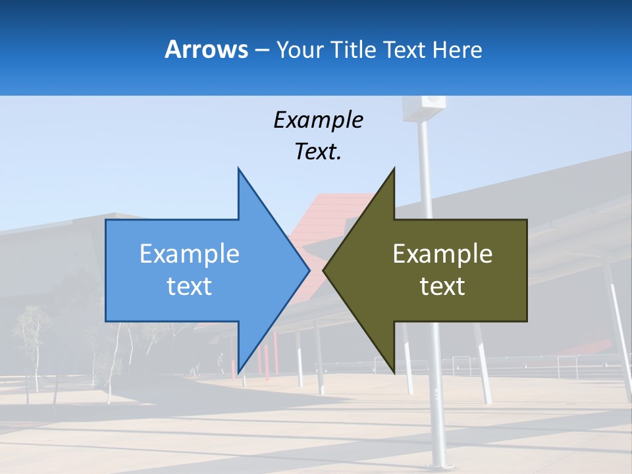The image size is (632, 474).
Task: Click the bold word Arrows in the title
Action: coord(206,49)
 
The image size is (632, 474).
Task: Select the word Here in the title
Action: coord(457,49)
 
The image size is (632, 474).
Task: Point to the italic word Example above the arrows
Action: coord(318,120)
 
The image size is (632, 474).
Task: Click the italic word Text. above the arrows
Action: coord(318,152)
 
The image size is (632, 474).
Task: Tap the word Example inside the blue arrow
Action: coord(189,253)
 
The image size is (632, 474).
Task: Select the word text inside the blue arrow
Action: coord(189,286)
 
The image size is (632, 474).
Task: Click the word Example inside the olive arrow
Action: coord(442,253)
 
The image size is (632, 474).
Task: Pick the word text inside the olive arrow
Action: coord(442,286)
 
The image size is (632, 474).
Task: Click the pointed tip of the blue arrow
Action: coord(309,270)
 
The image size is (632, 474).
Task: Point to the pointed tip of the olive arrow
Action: coord(323,270)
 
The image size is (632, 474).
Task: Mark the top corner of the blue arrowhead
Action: coord(238,169)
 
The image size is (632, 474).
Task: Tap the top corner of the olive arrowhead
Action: coord(394,169)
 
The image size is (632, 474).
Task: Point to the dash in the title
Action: coord(261,50)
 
